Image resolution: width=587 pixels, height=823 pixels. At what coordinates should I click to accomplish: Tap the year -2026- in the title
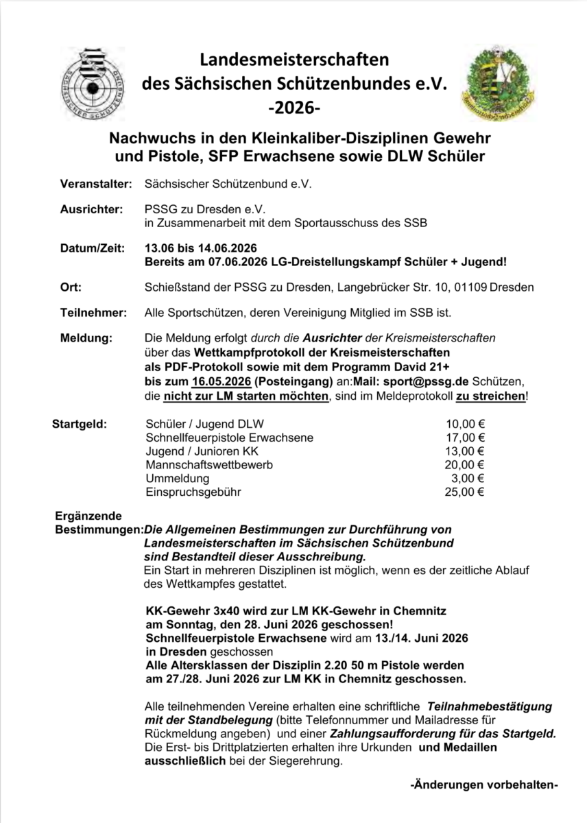[294, 108]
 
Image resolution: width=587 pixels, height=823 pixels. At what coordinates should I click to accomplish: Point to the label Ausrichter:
[92, 208]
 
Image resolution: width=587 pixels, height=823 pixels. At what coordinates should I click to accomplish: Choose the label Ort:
[71, 287]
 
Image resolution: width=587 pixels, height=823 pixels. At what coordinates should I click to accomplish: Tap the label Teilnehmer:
[94, 313]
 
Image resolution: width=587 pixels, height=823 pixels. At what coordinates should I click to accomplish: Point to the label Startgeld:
[80, 424]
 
